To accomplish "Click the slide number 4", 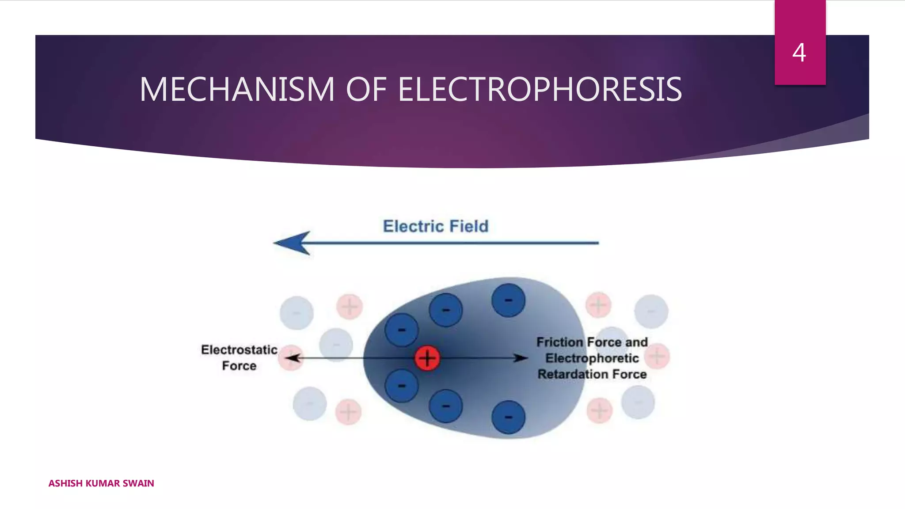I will click(x=799, y=53).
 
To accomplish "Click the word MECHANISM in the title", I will click(x=237, y=90).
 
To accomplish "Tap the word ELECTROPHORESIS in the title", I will click(x=540, y=90).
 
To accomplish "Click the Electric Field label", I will click(x=436, y=226).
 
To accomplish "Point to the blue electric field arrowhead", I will click(x=293, y=243).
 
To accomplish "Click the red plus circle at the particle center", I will click(x=427, y=358).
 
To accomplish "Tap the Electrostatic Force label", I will click(x=239, y=358).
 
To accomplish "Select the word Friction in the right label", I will click(x=560, y=342).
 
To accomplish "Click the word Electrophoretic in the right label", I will click(x=592, y=358).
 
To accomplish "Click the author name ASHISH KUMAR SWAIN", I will click(x=101, y=483).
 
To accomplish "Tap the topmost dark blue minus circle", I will click(x=509, y=300).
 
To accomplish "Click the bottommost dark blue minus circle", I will click(x=509, y=417).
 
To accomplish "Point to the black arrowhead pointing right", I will click(x=521, y=358).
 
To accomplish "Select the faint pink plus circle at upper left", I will click(x=350, y=306).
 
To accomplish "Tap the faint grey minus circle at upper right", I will click(x=651, y=311).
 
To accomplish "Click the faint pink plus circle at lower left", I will click(x=348, y=412).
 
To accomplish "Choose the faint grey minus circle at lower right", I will click(x=638, y=402).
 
